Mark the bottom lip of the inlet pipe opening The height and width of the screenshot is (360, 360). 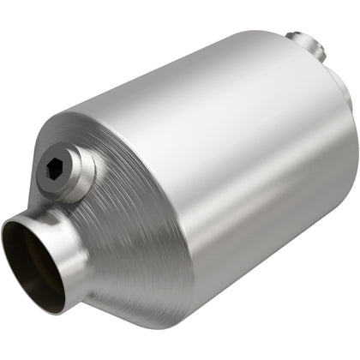47,309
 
